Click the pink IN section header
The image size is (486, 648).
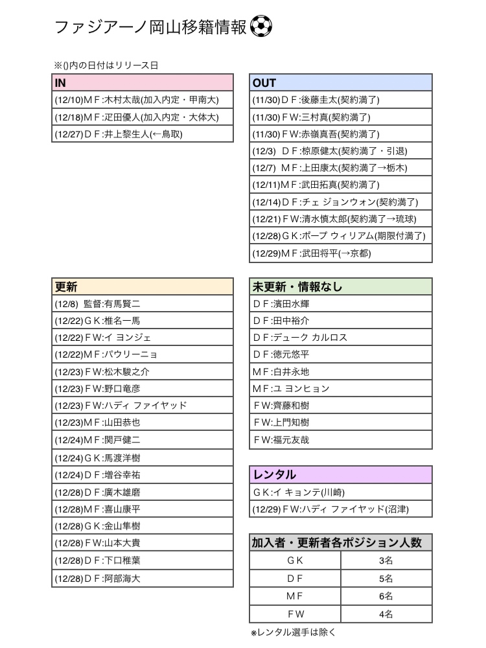(142, 83)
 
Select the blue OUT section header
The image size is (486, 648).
(341, 83)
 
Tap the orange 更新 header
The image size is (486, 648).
(142, 286)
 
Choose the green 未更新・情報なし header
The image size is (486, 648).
(341, 286)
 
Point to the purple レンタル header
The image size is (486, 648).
(341, 475)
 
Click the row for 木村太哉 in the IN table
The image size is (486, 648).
(142, 100)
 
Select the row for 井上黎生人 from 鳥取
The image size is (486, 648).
(142, 134)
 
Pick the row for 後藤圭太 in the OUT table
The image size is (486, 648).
(341, 100)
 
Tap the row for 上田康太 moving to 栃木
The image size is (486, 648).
(341, 168)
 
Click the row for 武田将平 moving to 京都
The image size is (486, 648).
(341, 253)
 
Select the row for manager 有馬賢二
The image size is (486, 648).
(142, 303)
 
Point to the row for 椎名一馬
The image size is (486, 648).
(142, 320)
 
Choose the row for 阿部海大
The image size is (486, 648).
(142, 578)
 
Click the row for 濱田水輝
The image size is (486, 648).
(341, 303)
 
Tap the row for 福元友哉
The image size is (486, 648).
(341, 439)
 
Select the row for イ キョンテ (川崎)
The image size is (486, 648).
(341, 492)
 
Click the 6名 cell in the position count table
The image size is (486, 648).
(386, 596)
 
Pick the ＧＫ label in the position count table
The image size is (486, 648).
(295, 561)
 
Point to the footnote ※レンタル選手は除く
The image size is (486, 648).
(294, 632)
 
